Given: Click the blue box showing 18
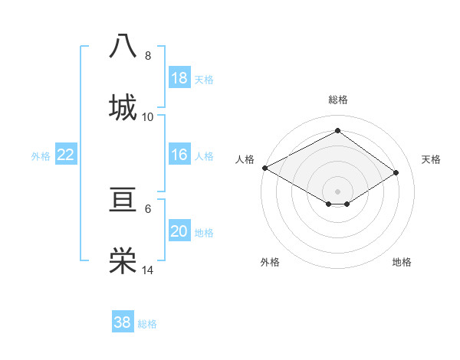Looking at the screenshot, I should (179, 78).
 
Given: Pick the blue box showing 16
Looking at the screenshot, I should (179, 155).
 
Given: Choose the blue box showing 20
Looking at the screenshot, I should (179, 231).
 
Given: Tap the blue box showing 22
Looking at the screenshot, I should (65, 155).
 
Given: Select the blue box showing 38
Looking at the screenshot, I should (122, 322).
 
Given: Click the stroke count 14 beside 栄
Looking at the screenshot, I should (148, 270).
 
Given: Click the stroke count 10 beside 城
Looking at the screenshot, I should (148, 116).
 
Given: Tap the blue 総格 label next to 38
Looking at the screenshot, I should (147, 324).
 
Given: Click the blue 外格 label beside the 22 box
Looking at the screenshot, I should (41, 156).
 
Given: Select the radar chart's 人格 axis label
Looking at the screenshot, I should (245, 159).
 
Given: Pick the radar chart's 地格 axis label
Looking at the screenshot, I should (402, 262).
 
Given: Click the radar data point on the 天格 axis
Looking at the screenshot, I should (396, 173).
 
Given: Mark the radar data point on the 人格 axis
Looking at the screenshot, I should (264, 168).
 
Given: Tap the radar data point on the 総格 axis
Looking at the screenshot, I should (337, 131).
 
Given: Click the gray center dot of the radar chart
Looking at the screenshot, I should (337, 190).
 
